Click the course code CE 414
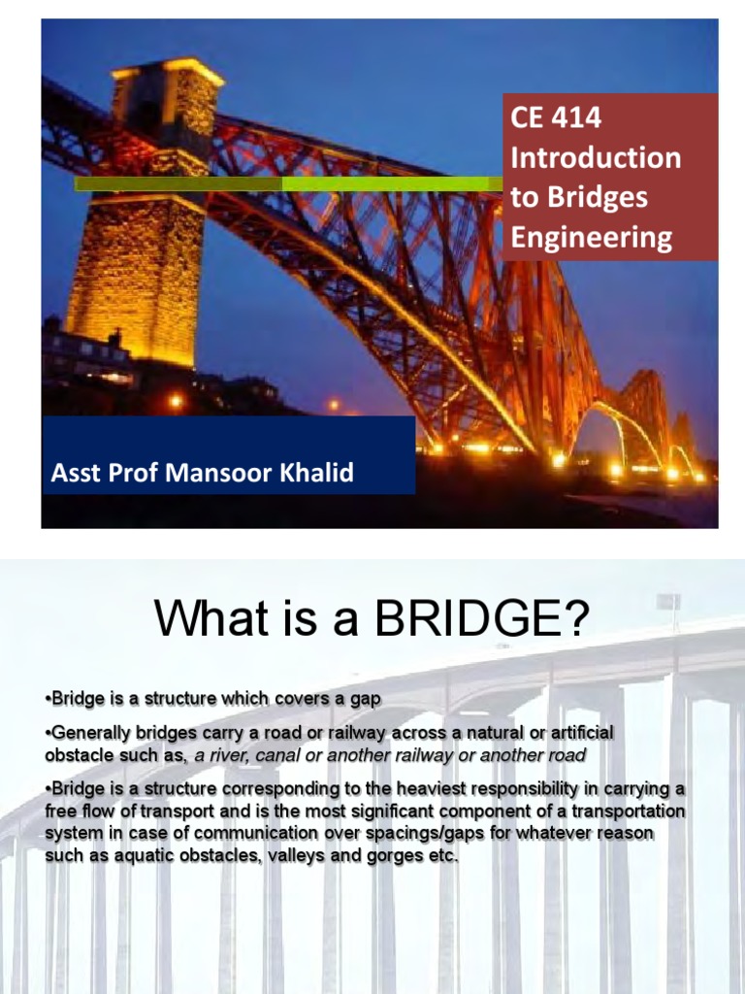coord(556,118)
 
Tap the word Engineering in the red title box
coord(592,238)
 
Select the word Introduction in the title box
coord(596,158)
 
